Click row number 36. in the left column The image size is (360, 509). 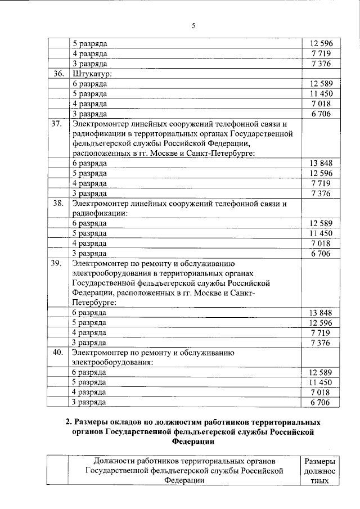click(58, 74)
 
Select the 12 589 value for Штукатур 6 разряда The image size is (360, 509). click(321, 84)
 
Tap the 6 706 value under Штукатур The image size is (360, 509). click(321, 114)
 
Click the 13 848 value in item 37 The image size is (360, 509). click(321, 163)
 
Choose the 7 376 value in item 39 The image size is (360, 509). click(321, 343)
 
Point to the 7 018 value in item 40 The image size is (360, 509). click(321, 392)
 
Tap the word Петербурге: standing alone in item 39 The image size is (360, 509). click(94, 303)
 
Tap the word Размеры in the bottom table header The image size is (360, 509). click(319, 460)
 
